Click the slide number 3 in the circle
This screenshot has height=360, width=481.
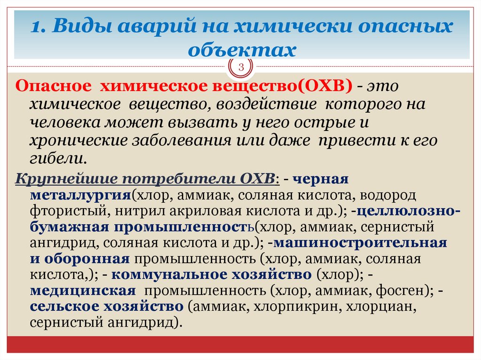point(241,68)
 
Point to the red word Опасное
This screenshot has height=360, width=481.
point(53,87)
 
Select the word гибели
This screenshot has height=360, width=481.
point(57,158)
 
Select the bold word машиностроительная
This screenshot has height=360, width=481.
point(361,243)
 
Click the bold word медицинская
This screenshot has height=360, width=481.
point(83,291)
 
